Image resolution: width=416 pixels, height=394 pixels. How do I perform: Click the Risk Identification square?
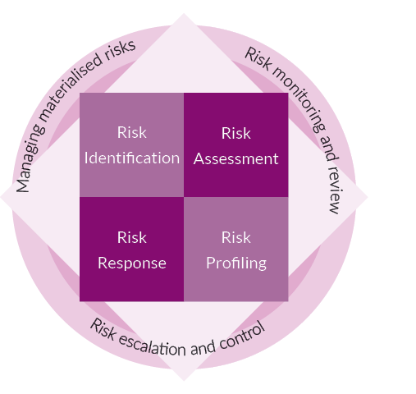pyautogui.click(x=131, y=144)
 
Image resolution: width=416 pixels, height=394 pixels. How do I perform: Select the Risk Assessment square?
pyautogui.click(x=236, y=144)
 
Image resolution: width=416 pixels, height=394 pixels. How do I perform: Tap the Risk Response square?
pyautogui.click(x=131, y=249)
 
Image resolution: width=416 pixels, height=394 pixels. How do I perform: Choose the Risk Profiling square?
pyautogui.click(x=236, y=249)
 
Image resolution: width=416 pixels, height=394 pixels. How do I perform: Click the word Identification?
pyautogui.click(x=132, y=158)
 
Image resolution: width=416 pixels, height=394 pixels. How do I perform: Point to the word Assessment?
pyautogui.click(x=236, y=158)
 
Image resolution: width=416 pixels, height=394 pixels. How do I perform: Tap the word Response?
pyautogui.click(x=132, y=263)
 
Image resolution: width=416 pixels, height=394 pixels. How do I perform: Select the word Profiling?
pyautogui.click(x=236, y=263)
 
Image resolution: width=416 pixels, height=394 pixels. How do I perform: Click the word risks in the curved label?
pyautogui.click(x=121, y=49)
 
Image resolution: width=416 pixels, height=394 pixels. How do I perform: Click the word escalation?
pyautogui.click(x=152, y=344)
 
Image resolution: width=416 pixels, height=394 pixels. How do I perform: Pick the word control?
pyautogui.click(x=242, y=336)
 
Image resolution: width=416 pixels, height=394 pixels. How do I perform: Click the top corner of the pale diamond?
pyautogui.click(x=184, y=13)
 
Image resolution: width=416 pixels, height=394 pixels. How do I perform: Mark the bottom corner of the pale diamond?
pyautogui.click(x=184, y=381)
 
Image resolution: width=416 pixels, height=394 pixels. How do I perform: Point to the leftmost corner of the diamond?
pyautogui.click(x=0, y=197)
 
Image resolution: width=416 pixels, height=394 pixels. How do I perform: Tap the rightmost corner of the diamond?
pyautogui.click(x=368, y=197)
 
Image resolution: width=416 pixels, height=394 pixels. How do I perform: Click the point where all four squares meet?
pyautogui.click(x=184, y=197)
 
